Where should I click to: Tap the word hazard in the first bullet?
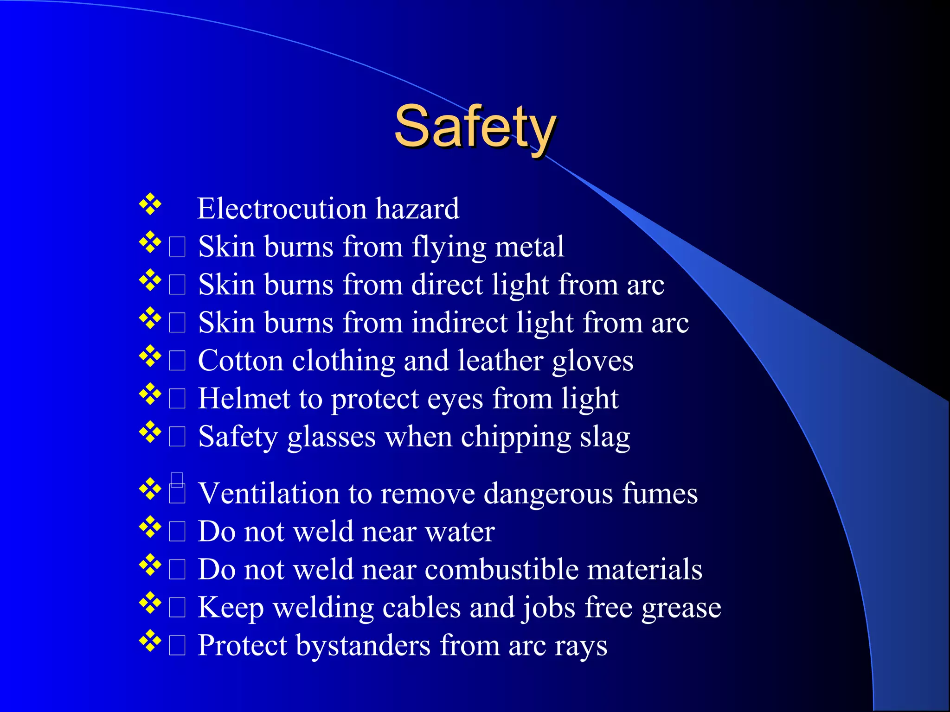coord(417,209)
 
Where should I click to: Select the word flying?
coord(449,247)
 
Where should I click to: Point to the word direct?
coord(447,285)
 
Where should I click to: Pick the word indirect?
coord(460,323)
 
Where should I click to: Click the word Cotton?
coord(240,361)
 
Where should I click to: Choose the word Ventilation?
coord(269,493)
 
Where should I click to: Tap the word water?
coord(460,532)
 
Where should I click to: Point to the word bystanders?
coord(363,646)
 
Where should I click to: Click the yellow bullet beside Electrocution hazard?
coord(150,204)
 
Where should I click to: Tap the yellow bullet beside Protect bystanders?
coord(150,641)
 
